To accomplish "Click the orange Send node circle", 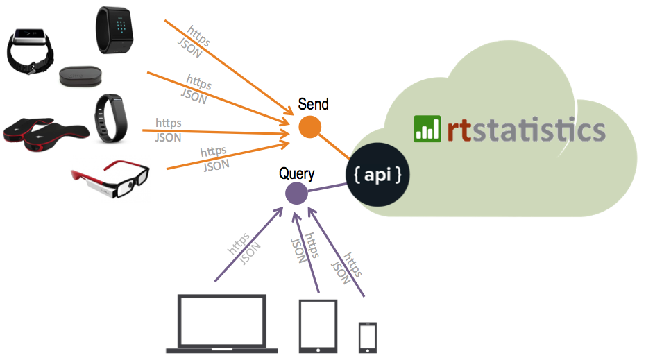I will click(309, 128).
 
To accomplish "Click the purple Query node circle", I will click(296, 194).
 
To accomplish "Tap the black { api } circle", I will click(377, 175).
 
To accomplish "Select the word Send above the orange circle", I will click(313, 105).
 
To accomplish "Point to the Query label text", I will click(297, 173).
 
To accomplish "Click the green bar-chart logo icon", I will click(427, 129).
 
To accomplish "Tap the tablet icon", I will click(318, 325).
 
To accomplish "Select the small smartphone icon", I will click(368, 336).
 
